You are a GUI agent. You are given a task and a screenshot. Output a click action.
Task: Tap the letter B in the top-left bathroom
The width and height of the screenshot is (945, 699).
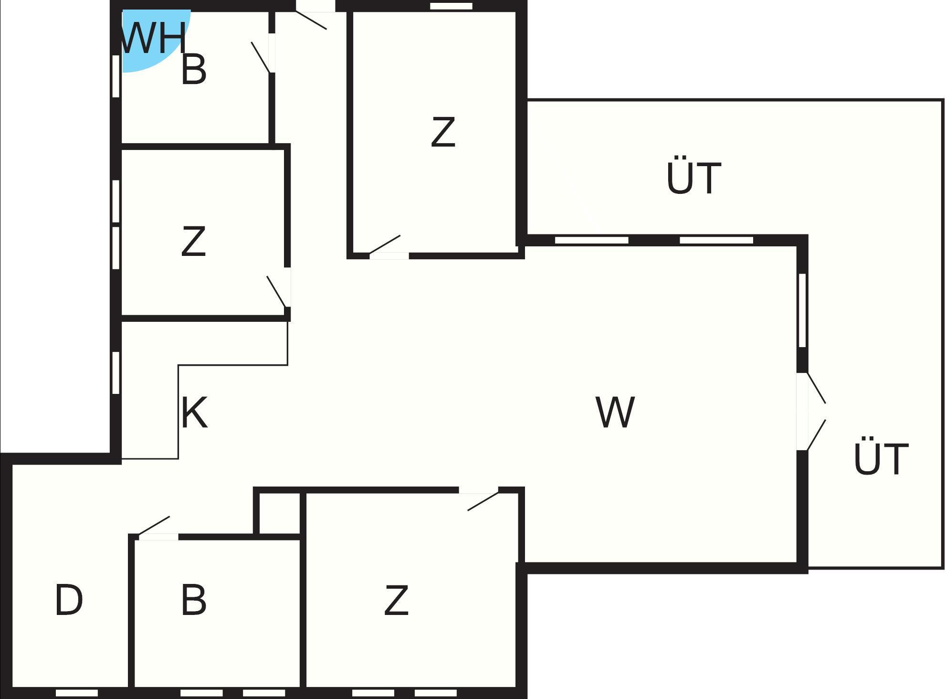(x=194, y=70)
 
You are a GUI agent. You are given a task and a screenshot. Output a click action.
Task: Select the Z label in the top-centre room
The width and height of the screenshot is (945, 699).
(x=443, y=132)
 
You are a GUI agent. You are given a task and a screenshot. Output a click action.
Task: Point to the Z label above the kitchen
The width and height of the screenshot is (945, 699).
(x=194, y=242)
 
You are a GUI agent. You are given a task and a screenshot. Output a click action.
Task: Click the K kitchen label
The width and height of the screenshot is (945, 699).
(x=195, y=413)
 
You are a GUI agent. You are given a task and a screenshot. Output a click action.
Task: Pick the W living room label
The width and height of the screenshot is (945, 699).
(x=615, y=413)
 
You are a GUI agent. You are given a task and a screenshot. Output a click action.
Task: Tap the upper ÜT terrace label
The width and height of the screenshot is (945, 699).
(x=693, y=178)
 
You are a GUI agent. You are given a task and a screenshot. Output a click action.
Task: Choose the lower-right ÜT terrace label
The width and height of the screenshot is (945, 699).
(x=881, y=458)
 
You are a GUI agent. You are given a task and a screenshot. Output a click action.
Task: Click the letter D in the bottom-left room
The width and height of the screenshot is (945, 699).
(x=69, y=600)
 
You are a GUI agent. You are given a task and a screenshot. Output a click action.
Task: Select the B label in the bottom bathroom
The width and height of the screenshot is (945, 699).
(x=194, y=600)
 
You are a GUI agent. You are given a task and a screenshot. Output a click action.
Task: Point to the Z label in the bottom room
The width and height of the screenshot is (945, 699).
(x=397, y=600)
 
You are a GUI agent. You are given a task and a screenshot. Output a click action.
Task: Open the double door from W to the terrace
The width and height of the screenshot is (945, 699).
(x=814, y=411)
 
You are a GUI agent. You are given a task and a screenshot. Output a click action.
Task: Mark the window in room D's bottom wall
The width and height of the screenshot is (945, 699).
(x=77, y=693)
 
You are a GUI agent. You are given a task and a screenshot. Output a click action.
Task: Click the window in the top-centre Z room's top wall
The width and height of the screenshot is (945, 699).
(x=451, y=6)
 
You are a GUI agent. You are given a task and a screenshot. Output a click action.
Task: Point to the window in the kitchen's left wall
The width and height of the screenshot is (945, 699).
(x=115, y=373)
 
